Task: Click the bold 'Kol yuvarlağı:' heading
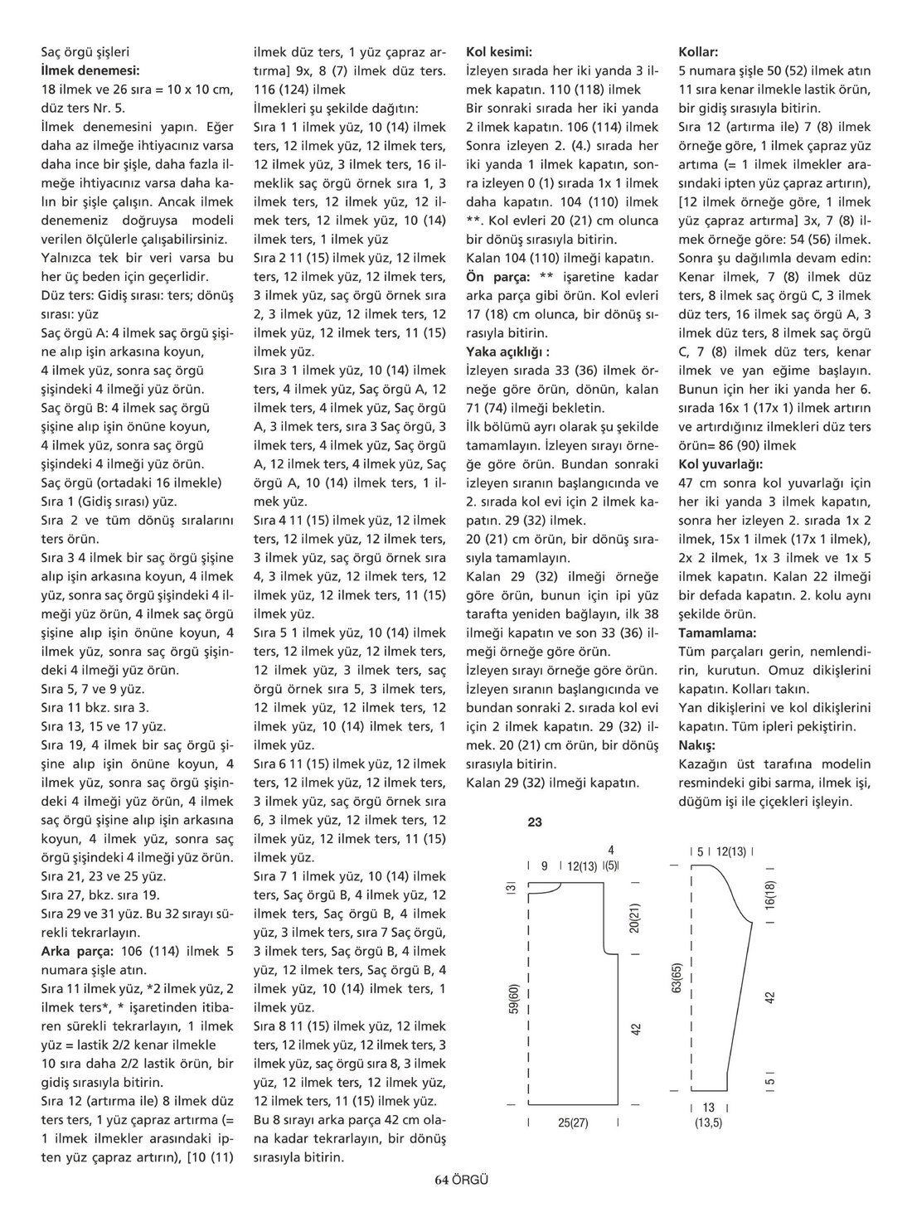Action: (720, 463)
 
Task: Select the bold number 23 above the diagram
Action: (535, 822)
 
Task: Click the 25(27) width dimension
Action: (572, 1122)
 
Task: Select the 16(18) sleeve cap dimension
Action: (770, 897)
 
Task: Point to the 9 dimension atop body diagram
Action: (545, 865)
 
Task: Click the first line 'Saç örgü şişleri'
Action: (85, 51)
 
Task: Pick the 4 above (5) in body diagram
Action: (611, 850)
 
